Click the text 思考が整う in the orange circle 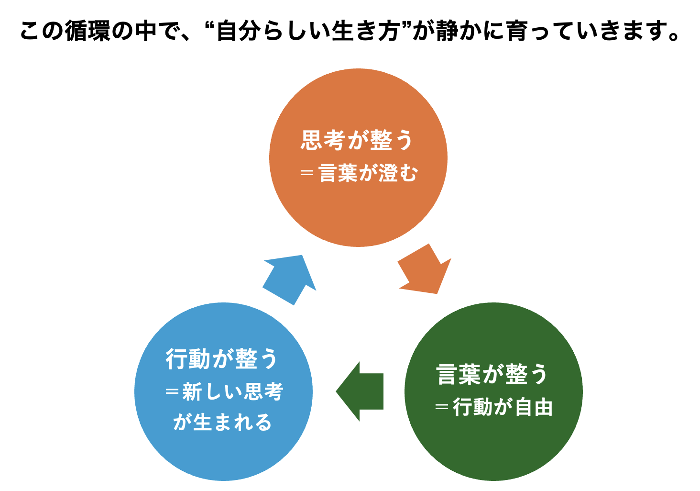357,140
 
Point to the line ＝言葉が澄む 359,173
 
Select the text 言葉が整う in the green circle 492,374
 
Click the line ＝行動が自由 494,408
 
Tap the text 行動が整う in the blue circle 222,359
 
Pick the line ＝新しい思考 224,392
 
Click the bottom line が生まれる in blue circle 223,423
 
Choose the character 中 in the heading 145,31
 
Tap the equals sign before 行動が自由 442,408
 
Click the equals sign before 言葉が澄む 306,173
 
